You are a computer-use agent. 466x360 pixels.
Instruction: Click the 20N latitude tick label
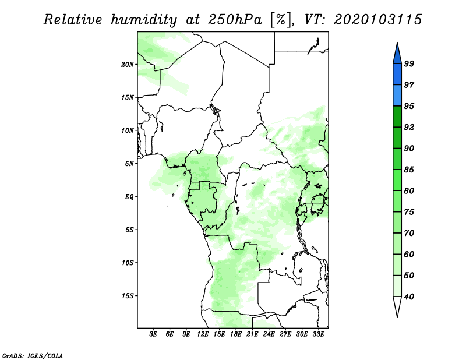[127, 65]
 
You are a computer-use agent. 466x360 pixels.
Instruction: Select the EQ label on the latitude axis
[129, 197]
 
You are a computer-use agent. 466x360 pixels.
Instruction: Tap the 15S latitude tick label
[127, 296]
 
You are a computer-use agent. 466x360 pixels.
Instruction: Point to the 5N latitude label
[129, 164]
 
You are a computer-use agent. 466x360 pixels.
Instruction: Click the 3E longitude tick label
[153, 334]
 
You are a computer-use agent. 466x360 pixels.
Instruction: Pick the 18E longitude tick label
[236, 334]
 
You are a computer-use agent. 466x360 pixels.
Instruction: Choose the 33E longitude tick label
[318, 334]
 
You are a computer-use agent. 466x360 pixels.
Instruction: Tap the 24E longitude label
[269, 334]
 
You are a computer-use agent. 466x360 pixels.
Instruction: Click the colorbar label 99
[409, 63]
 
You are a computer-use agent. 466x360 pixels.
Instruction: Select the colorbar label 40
[409, 297]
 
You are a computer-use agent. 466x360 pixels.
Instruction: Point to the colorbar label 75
[409, 211]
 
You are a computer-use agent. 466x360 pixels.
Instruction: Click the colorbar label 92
[409, 127]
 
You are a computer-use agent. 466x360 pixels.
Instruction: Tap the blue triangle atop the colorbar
[397, 55]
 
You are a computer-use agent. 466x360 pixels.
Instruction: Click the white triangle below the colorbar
[397, 305]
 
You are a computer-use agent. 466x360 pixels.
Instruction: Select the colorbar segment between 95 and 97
[397, 96]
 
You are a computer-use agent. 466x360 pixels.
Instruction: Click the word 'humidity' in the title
[144, 20]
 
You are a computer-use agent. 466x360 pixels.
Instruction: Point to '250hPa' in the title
[235, 20]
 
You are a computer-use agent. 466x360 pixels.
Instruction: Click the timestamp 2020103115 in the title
[377, 20]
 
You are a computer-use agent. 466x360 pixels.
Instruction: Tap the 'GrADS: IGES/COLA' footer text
[33, 356]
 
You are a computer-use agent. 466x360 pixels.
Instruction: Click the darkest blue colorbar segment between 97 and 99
[397, 75]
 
